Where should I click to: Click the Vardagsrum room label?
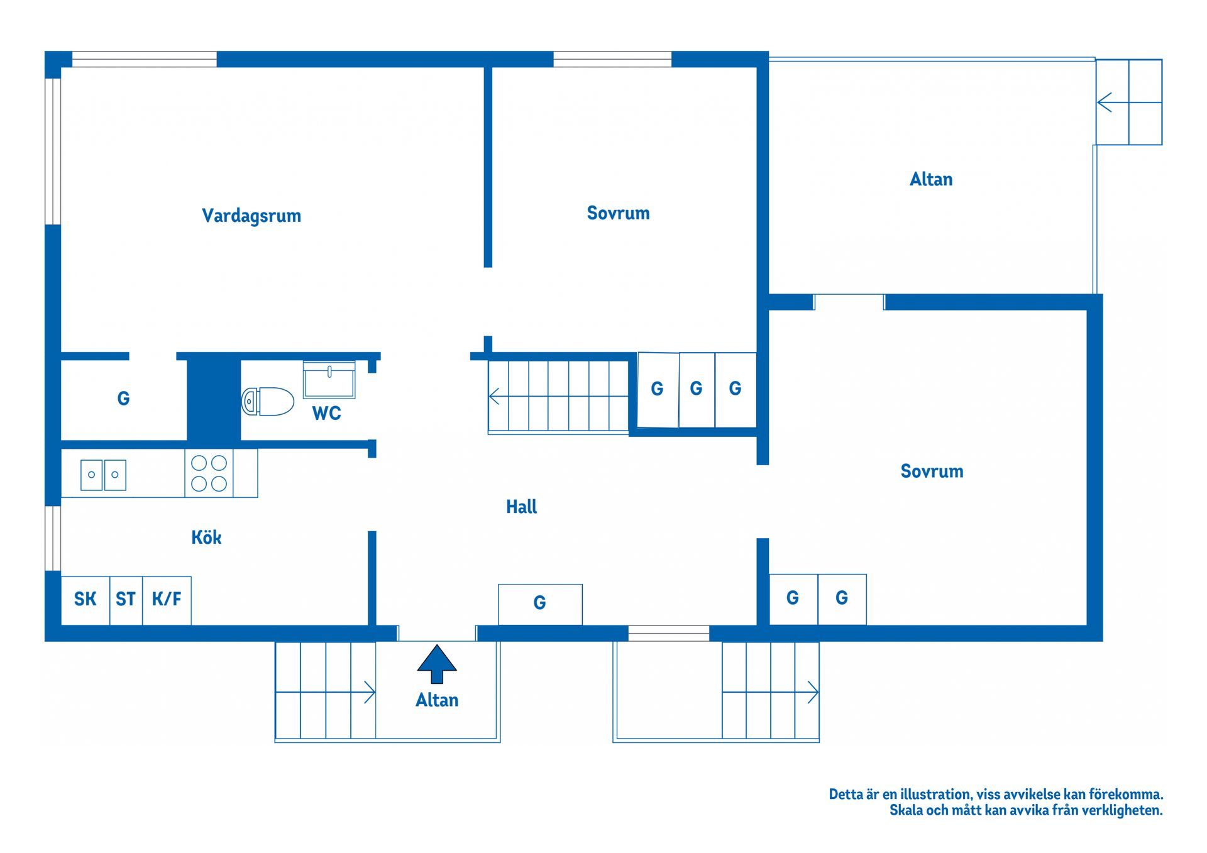251,216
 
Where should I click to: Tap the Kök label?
206,537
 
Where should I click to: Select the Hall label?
522,507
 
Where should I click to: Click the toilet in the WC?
268,401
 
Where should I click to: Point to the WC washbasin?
329,380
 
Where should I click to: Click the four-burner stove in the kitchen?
209,473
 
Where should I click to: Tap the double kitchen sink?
103,475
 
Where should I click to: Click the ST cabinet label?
126,599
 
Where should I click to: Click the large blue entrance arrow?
437,664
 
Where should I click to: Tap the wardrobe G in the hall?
540,604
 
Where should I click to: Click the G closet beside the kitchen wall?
124,399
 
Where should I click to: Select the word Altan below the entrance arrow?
437,700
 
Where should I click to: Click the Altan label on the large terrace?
931,180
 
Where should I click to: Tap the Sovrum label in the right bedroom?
932,471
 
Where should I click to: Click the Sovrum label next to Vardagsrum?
618,213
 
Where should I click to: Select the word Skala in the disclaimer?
906,810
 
